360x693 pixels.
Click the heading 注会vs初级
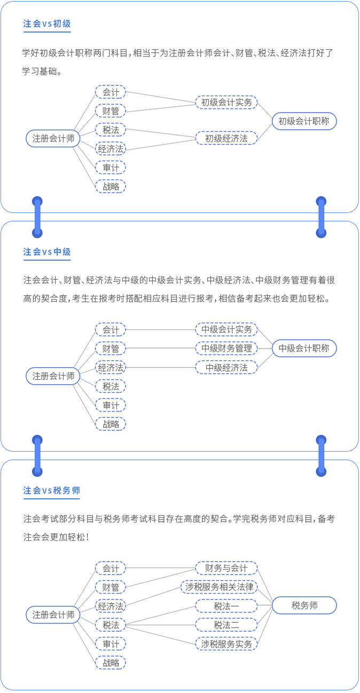pyautogui.click(x=47, y=23)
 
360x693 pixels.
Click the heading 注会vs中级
pyautogui.click(x=47, y=251)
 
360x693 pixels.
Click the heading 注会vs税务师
pyautogui.click(x=52, y=490)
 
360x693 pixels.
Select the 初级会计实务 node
pyautogui.click(x=226, y=102)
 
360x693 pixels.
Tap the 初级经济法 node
pyautogui.click(x=226, y=138)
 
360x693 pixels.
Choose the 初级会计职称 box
pyautogui.click(x=304, y=121)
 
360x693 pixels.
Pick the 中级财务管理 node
pyautogui.click(x=226, y=349)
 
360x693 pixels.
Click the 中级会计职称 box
pyautogui.click(x=304, y=349)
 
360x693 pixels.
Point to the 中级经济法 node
pyautogui.click(x=226, y=367)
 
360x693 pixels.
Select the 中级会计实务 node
pyautogui.click(x=226, y=329)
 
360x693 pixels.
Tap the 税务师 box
pyautogui.click(x=304, y=605)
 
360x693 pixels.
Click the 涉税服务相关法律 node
pyautogui.click(x=220, y=587)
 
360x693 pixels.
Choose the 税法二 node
pyautogui.click(x=226, y=625)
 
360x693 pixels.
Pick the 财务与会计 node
pyautogui.click(x=226, y=568)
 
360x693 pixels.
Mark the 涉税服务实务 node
pyautogui.click(x=226, y=644)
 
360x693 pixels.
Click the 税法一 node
pyautogui.click(x=226, y=606)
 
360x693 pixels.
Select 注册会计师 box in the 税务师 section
pyautogui.click(x=53, y=615)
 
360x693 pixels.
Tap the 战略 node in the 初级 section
pyautogui.click(x=111, y=186)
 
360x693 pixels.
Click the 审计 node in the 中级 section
pyautogui.click(x=111, y=405)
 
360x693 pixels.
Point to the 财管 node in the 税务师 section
pyautogui.click(x=111, y=587)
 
